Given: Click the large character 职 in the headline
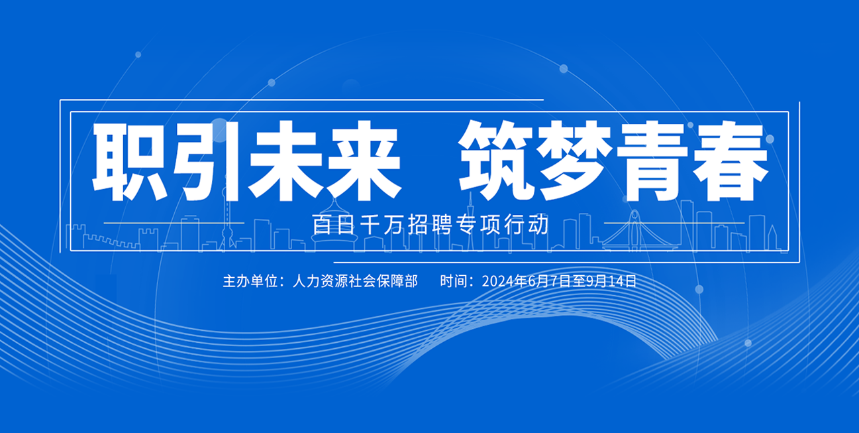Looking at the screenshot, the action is tap(130, 160).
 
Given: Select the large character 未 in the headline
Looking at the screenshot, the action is tap(285, 160).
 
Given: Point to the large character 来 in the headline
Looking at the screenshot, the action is tap(364, 160).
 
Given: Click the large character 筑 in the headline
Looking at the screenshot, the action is tap(497, 160).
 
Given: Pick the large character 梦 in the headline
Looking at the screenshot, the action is tap(576, 160).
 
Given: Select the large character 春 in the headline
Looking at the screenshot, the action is tap(731, 160).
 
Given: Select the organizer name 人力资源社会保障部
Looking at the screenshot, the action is tap(355, 281).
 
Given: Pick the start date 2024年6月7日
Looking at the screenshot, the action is tap(527, 281).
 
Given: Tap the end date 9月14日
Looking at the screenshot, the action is tap(611, 281).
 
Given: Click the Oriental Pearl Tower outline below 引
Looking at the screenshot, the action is tap(227, 219).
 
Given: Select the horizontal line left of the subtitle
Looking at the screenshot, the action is tap(174, 223).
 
